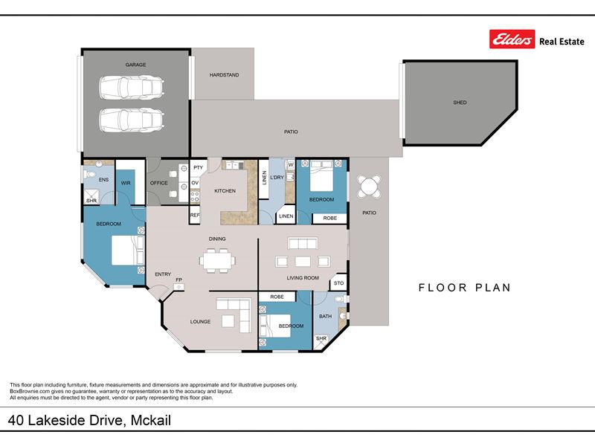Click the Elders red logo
click(x=512, y=39)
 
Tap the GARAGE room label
click(x=136, y=65)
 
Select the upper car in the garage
click(x=132, y=87)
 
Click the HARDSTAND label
click(x=225, y=75)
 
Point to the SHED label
click(x=460, y=103)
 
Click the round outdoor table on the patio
click(x=369, y=187)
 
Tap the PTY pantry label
click(x=198, y=168)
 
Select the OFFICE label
click(x=158, y=183)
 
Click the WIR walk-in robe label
click(x=126, y=183)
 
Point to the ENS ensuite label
click(x=103, y=180)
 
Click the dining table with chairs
click(x=217, y=261)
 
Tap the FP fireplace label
click(x=178, y=280)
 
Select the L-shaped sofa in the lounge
click(x=234, y=314)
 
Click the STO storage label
click(x=339, y=283)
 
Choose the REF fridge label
click(x=195, y=215)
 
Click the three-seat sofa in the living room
click(x=303, y=244)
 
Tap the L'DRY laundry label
click(x=277, y=177)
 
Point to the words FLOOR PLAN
click(x=464, y=288)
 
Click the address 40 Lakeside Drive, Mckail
click(x=89, y=420)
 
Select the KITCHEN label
click(x=225, y=191)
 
